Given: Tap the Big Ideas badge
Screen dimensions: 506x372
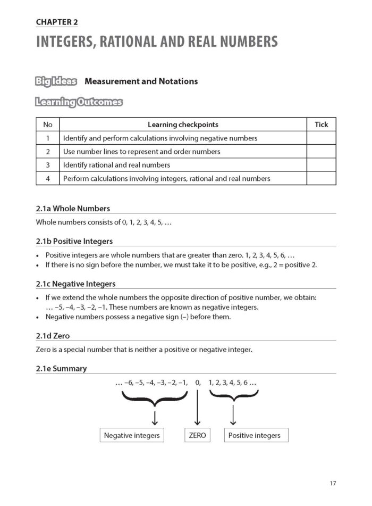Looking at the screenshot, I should pyautogui.click(x=56, y=81).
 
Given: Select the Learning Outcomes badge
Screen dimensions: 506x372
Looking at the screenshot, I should pyautogui.click(x=79, y=102).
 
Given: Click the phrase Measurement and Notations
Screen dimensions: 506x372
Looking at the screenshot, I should pyautogui.click(x=141, y=81).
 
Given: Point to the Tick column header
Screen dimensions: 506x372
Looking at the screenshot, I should pyautogui.click(x=321, y=125).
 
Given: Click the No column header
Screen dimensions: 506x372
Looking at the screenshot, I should pyautogui.click(x=47, y=125).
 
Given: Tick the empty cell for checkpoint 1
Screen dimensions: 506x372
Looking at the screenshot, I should pyautogui.click(x=321, y=138).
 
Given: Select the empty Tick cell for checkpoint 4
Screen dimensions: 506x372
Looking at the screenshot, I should pyautogui.click(x=321, y=178).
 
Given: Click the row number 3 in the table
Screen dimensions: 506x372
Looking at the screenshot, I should pyautogui.click(x=47, y=165).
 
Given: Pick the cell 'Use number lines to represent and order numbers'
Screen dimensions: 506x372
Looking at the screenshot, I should pyautogui.click(x=141, y=152).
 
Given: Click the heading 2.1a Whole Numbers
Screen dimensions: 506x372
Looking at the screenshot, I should pyautogui.click(x=73, y=208).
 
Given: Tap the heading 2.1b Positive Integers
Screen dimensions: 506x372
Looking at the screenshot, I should pyautogui.click(x=74, y=241).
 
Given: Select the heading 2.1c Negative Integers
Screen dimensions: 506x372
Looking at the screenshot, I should pyautogui.click(x=75, y=284).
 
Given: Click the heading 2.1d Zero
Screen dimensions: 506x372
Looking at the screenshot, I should pyautogui.click(x=53, y=336).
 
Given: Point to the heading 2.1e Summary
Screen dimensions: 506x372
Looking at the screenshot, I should pyautogui.click(x=61, y=368).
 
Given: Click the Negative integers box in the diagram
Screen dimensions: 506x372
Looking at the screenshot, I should pyautogui.click(x=132, y=435).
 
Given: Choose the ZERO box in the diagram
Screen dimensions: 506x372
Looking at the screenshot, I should pyautogui.click(x=197, y=435).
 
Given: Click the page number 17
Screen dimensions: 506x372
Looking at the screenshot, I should pyautogui.click(x=333, y=483).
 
